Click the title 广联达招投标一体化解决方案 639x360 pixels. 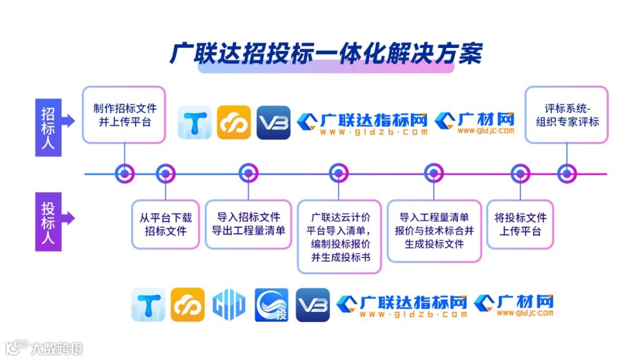[x=326, y=53]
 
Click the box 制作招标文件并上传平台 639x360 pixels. [x=124, y=115]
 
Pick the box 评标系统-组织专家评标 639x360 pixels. [x=567, y=115]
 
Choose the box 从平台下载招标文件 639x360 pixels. [x=165, y=224]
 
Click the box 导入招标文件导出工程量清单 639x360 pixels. [x=248, y=224]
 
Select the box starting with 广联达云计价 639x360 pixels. [x=339, y=236]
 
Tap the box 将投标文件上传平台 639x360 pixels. [x=520, y=224]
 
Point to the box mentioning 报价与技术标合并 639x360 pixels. [x=434, y=230]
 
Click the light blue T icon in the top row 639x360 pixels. [x=195, y=123]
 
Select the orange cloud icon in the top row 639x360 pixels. [x=234, y=123]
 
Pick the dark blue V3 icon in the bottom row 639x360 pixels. [x=312, y=305]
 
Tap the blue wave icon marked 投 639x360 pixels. [x=272, y=305]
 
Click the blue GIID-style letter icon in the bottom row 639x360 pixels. [x=229, y=305]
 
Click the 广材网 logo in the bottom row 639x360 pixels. [x=514, y=305]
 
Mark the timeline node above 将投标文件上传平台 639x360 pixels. [x=520, y=173]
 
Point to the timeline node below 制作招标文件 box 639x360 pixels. [x=124, y=173]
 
